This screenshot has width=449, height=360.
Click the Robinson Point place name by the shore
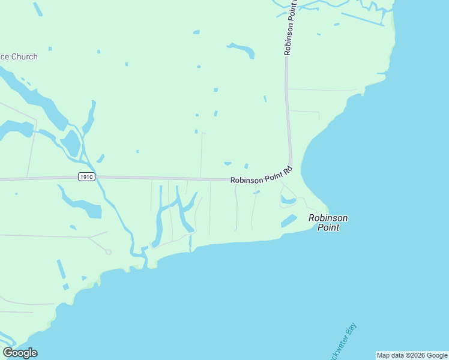pyautogui.click(x=328, y=223)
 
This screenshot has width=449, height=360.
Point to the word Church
pyautogui.click(x=24, y=57)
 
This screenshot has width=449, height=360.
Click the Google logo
pyautogui.click(x=20, y=353)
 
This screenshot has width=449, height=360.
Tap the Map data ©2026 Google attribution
pyautogui.click(x=412, y=355)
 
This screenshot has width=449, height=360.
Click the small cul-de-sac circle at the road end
pyautogui.click(x=108, y=252)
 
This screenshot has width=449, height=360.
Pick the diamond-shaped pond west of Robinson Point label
pyautogui.click(x=289, y=221)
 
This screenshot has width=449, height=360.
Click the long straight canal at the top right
pyautogui.click(x=362, y=19)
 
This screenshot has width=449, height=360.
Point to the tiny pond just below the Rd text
pyautogui.click(x=256, y=193)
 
